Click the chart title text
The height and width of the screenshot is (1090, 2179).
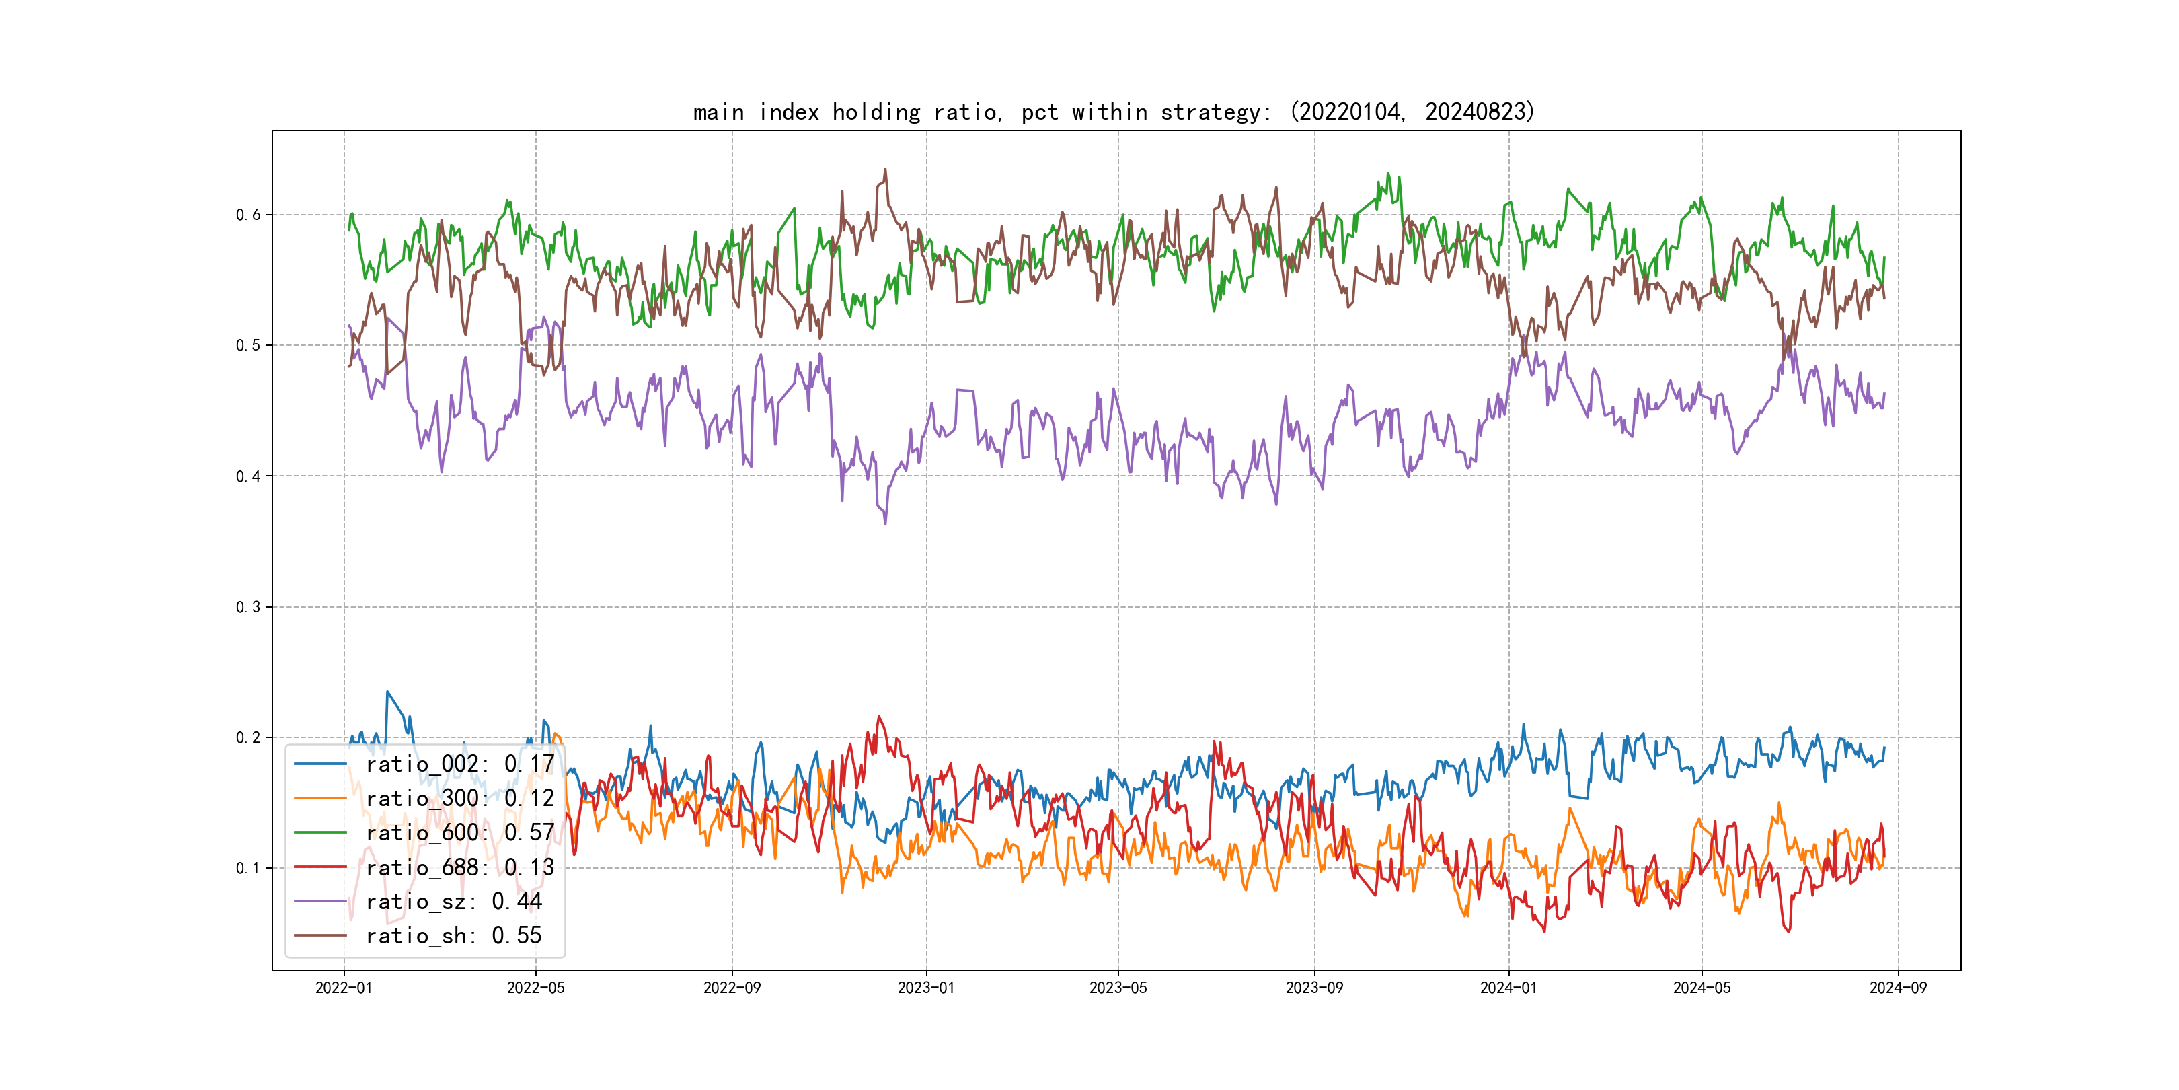point(1113,112)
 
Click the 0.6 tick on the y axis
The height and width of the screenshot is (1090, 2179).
point(248,215)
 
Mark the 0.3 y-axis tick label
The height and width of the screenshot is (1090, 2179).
point(248,607)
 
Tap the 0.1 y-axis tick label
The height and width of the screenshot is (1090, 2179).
point(248,868)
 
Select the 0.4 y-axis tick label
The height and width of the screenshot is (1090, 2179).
point(248,476)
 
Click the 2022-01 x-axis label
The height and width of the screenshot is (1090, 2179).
point(344,988)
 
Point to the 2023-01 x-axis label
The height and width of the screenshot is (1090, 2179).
point(926,988)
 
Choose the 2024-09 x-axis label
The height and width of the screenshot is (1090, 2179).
point(1898,988)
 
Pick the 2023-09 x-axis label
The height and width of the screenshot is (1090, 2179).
point(1313,988)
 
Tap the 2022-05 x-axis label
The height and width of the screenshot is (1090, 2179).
point(535,988)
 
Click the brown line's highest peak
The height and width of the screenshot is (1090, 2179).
point(886,170)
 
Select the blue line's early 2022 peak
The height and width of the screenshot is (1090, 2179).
point(387,692)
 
